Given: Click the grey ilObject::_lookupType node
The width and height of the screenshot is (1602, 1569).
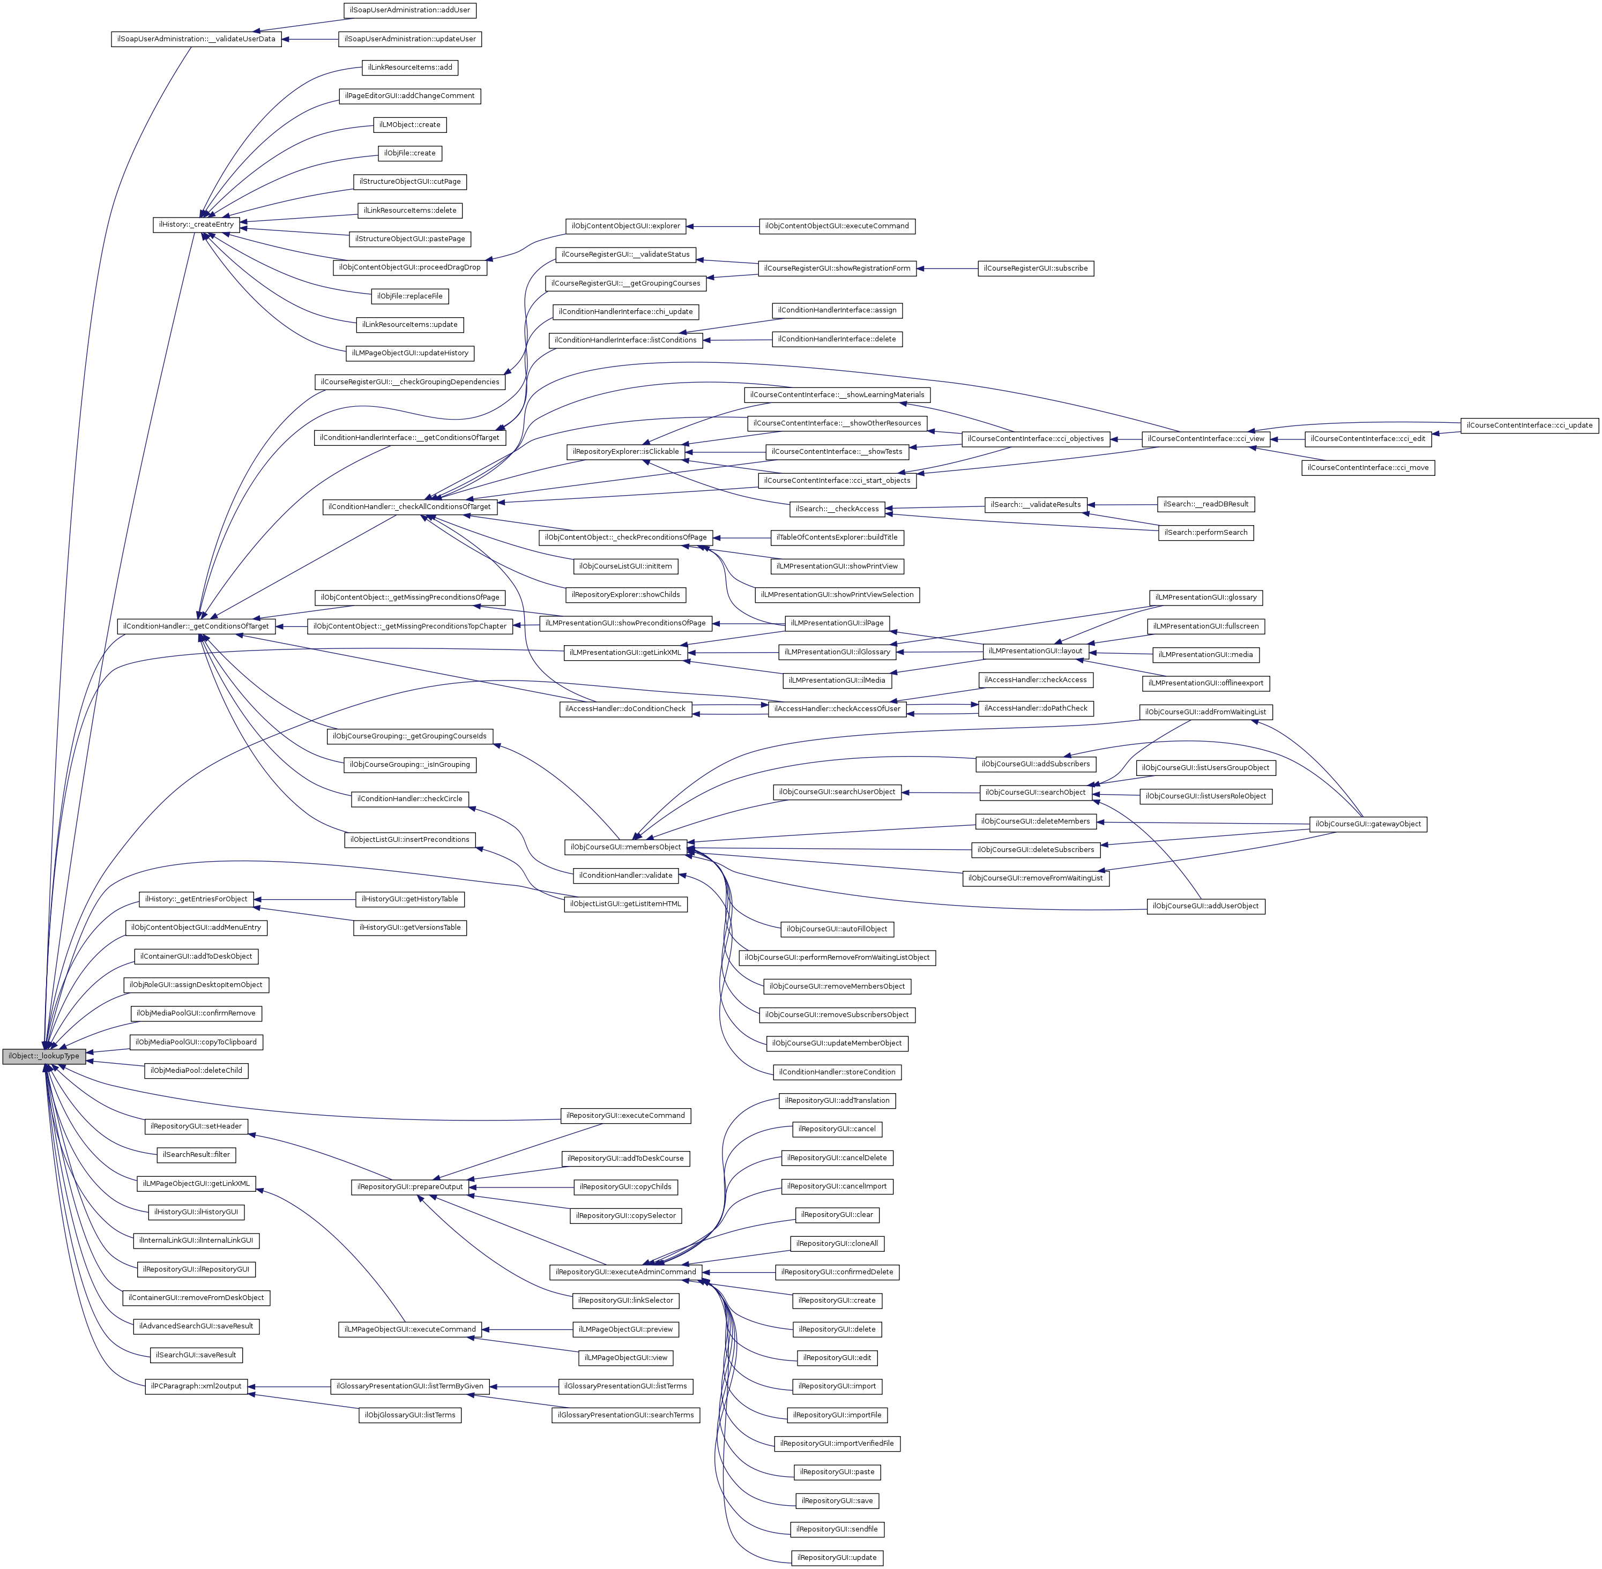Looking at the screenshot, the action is tap(43, 1056).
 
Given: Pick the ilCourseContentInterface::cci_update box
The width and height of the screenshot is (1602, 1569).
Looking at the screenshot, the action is tap(1530, 425).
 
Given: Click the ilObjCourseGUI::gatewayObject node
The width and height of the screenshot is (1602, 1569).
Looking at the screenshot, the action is tap(1368, 824).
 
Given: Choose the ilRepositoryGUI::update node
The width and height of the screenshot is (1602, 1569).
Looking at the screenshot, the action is tap(837, 1557).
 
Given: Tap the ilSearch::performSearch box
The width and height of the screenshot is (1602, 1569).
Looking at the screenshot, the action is tap(1205, 532).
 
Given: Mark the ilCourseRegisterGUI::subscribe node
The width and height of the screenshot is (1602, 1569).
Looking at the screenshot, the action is tap(1035, 268).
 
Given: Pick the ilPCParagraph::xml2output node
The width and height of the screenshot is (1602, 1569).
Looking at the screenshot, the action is tap(196, 1386).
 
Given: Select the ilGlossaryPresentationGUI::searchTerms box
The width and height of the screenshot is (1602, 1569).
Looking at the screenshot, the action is tap(625, 1415).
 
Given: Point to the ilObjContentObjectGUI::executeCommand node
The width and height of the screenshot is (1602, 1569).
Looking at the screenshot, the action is tap(837, 226).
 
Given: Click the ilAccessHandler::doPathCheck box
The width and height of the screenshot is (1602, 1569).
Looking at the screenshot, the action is tap(1035, 708).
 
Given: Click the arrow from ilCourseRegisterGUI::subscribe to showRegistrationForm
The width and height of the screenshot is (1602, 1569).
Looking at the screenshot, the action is tap(947, 268).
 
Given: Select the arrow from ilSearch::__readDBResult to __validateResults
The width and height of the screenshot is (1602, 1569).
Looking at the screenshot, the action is tap(1123, 504).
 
